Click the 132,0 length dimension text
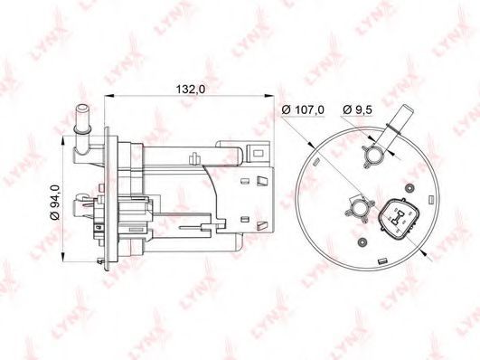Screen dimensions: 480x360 [x=191, y=90]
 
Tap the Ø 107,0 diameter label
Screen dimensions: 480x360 [x=303, y=109]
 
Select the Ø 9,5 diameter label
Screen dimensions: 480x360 [x=357, y=109]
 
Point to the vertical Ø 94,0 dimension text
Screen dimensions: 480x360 [x=55, y=202]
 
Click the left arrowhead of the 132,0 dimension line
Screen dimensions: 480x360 [x=108, y=96]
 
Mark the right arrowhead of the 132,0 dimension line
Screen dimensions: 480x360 [x=269, y=96]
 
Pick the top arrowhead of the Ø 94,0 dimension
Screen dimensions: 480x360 [x=63, y=141]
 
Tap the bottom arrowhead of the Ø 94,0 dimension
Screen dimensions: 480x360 [x=63, y=257]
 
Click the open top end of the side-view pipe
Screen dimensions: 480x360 [x=82, y=108]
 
